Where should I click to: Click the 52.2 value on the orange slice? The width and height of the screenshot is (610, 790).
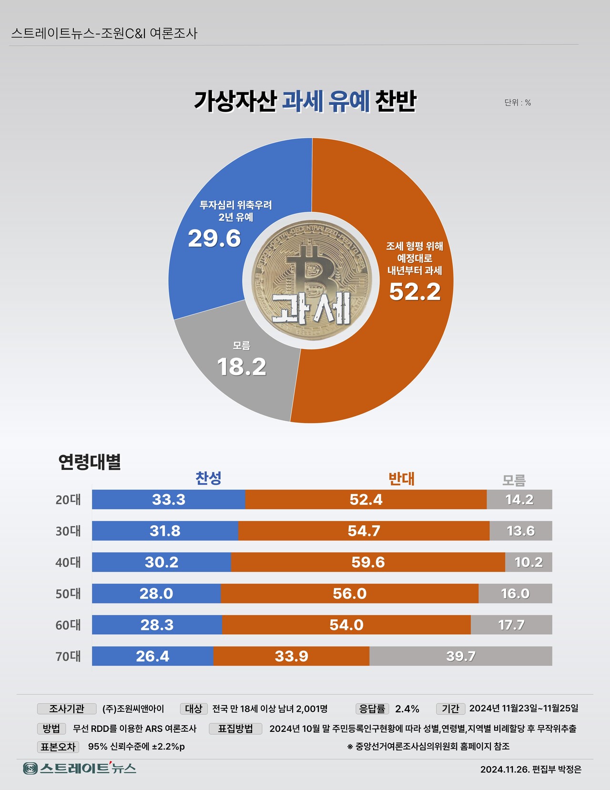415,292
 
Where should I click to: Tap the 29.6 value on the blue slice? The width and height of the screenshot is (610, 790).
214,239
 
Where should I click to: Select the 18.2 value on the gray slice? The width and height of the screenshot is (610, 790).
242,367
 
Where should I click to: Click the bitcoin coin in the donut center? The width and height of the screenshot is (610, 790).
311,281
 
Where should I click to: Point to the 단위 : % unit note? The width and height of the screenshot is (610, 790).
518,103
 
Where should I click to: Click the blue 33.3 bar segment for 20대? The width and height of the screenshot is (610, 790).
169,499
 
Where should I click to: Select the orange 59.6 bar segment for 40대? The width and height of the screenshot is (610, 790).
368,562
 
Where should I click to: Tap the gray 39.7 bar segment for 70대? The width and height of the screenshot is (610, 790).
461,656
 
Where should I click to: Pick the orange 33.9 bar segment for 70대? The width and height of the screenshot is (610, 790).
291,656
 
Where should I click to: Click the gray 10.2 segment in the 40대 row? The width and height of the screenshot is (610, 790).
529,562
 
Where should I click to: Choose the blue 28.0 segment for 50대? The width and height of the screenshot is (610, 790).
156,593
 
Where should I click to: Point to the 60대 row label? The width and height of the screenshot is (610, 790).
68,625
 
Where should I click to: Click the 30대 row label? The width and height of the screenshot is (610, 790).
68,531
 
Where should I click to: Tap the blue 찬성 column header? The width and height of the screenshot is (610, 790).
208,478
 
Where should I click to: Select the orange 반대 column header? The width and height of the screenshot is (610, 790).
401,478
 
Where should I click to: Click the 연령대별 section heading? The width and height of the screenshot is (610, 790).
90,462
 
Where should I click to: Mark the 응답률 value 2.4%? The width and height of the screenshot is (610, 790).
407,709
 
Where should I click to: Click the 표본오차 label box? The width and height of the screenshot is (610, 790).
58,747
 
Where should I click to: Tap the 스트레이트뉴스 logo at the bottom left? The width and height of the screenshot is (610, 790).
80,769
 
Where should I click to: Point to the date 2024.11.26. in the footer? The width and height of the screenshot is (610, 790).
505,769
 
